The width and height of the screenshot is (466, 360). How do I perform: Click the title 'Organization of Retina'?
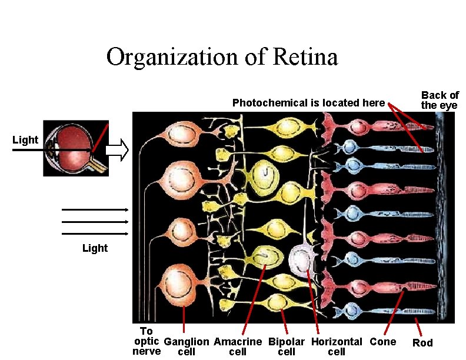coord(222,57)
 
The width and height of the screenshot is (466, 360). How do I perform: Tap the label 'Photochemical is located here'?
coord(308,103)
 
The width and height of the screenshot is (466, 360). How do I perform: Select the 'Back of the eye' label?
coord(440,100)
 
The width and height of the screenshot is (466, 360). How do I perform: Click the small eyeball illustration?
coord(75,150)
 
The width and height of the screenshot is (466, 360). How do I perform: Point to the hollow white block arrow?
coord(119,150)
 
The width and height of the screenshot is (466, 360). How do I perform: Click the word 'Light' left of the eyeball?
coord(25,140)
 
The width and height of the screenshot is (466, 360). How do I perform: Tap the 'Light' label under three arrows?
coord(95,248)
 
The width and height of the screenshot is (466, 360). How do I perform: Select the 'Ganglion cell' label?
coord(186,346)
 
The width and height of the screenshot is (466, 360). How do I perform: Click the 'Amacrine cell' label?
coord(238,346)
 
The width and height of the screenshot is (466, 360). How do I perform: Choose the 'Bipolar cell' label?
coord(287,346)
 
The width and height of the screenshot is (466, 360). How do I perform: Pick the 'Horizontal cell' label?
coord(337,346)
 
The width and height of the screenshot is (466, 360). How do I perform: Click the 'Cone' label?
coord(382,342)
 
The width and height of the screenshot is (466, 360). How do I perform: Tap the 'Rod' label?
coord(422,343)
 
